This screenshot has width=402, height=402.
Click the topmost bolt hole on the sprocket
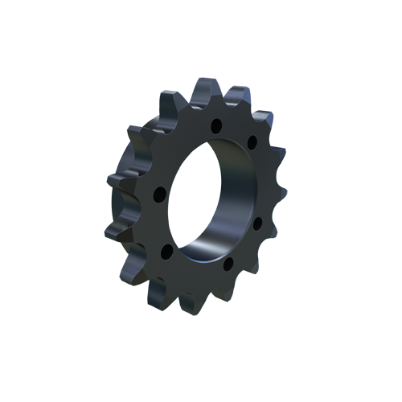click(x=215, y=125)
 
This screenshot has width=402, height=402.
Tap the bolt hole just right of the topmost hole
click(x=252, y=143)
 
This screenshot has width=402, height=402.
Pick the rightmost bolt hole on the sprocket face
click(x=258, y=223)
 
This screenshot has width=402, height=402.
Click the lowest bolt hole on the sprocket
click(x=228, y=263)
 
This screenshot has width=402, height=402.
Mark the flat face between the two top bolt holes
click(x=234, y=133)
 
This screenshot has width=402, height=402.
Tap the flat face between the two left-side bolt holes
click(x=162, y=224)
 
